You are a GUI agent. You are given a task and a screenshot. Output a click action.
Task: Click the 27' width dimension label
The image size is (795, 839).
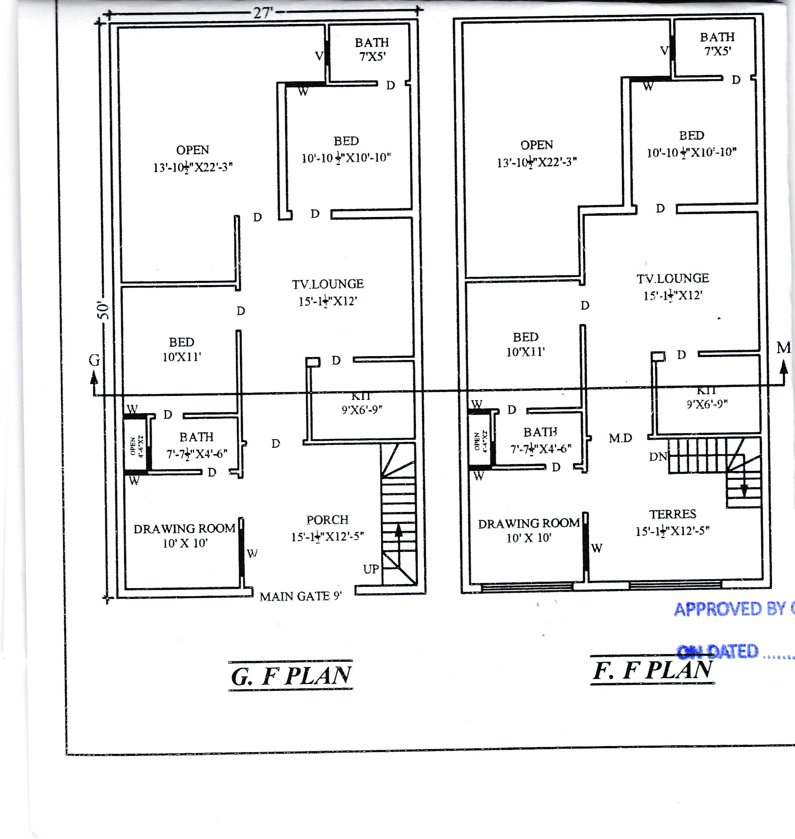[x=262, y=12]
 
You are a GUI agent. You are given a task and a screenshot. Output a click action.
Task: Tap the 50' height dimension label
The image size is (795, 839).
[x=103, y=310]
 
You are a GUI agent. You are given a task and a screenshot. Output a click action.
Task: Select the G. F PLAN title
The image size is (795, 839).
[x=291, y=676]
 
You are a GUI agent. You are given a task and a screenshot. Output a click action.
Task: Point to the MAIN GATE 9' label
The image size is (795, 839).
[x=301, y=596]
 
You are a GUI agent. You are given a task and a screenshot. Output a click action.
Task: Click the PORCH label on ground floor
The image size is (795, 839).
[x=327, y=520]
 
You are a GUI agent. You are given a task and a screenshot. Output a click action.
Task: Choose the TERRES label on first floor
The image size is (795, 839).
[x=672, y=514]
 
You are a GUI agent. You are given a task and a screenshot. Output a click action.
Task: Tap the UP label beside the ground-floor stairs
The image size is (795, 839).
[x=371, y=569]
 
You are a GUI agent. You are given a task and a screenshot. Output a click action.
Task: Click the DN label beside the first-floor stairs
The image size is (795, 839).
[x=658, y=457]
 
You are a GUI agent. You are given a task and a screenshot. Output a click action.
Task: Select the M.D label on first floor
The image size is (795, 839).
[x=620, y=438]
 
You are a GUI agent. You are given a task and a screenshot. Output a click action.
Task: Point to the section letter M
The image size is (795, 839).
[x=783, y=348]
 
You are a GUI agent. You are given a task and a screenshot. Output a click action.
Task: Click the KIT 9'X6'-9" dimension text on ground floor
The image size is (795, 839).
[x=362, y=410]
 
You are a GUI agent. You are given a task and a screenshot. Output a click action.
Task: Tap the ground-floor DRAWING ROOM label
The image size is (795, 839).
[x=185, y=529]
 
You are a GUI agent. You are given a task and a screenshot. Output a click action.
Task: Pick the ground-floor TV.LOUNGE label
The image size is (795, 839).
[x=328, y=284]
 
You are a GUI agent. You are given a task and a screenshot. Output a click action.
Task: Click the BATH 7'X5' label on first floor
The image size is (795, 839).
[x=717, y=44]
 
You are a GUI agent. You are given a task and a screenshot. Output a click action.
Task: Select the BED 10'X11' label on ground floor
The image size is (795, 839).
[x=182, y=349]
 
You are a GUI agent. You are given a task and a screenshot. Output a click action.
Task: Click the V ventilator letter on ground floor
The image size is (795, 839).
[x=319, y=56]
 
